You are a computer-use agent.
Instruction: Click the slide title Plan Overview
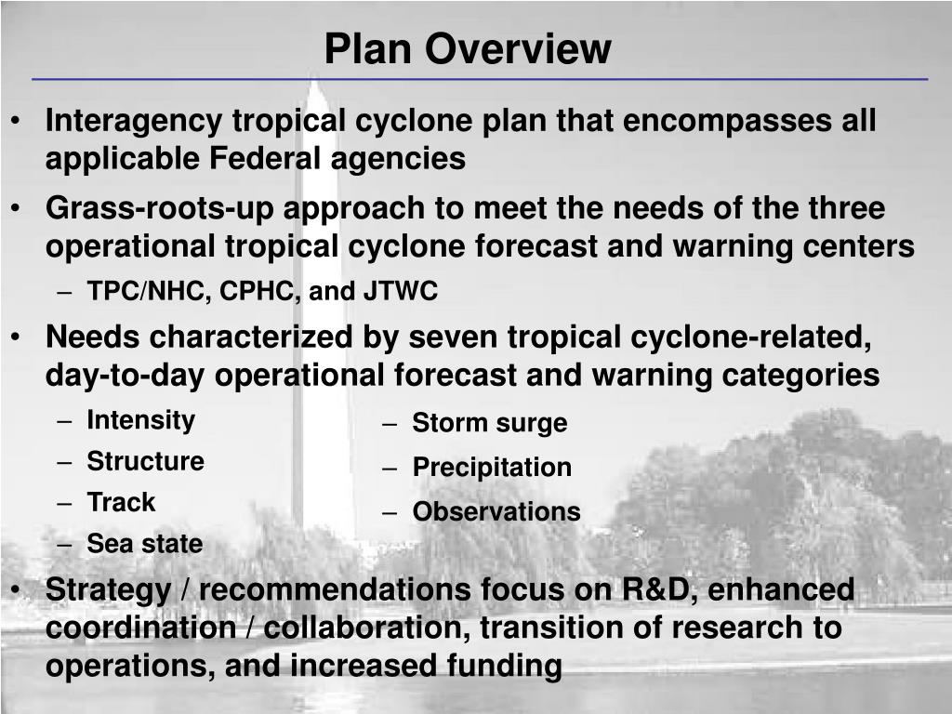468,49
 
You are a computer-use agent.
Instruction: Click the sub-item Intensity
140,420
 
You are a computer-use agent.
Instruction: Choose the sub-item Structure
145,461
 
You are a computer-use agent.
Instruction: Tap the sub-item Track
121,502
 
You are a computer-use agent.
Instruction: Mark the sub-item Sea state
144,544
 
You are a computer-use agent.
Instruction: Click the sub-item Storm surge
489,424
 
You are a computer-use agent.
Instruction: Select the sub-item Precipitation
492,468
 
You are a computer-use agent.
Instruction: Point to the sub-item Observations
496,512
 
